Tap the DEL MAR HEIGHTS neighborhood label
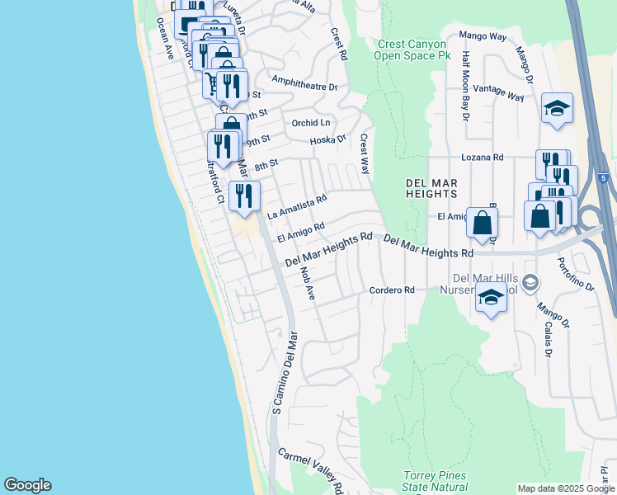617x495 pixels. pyautogui.click(x=431, y=187)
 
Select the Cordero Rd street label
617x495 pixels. pyautogui.click(x=391, y=290)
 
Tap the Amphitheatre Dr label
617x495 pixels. pyautogui.click(x=304, y=86)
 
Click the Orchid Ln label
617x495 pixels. pyautogui.click(x=310, y=123)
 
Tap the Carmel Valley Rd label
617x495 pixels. pyautogui.click(x=309, y=467)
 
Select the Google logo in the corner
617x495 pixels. pyautogui.click(x=27, y=485)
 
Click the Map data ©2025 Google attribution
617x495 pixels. pyautogui.click(x=566, y=488)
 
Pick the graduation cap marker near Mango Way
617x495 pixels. pyautogui.click(x=558, y=108)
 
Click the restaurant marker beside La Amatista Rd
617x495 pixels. pyautogui.click(x=244, y=196)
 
